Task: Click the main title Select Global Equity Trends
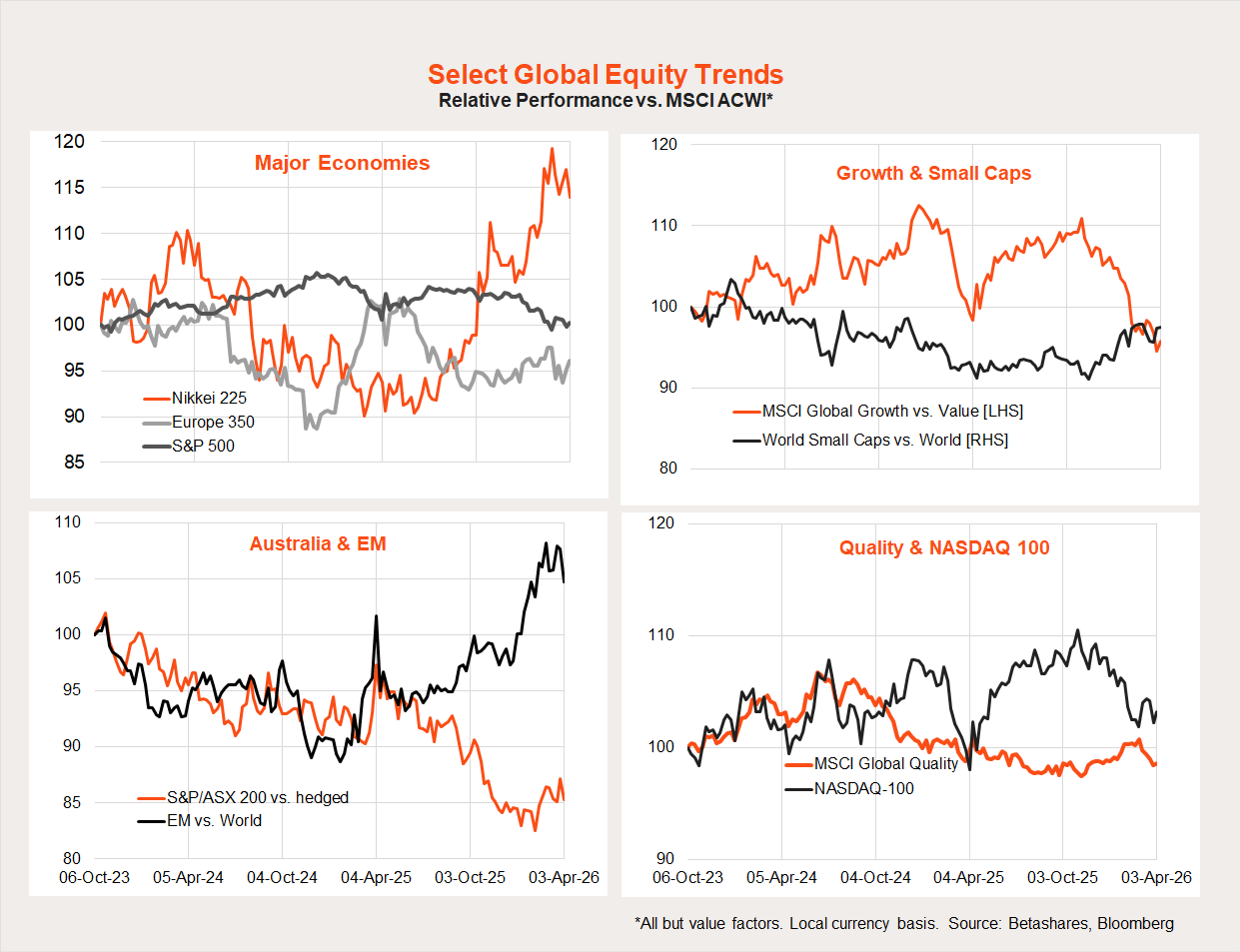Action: click(x=605, y=75)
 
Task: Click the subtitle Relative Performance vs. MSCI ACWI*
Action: click(x=605, y=101)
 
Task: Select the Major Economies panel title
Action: click(x=342, y=163)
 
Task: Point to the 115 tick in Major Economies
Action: click(x=69, y=187)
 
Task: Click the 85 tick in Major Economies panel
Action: click(x=74, y=462)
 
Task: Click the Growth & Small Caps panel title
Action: click(x=933, y=173)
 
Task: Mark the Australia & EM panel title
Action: click(x=318, y=543)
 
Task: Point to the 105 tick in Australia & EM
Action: click(x=67, y=577)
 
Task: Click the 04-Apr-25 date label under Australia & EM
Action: click(x=376, y=877)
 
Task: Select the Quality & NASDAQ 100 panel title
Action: click(x=944, y=547)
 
